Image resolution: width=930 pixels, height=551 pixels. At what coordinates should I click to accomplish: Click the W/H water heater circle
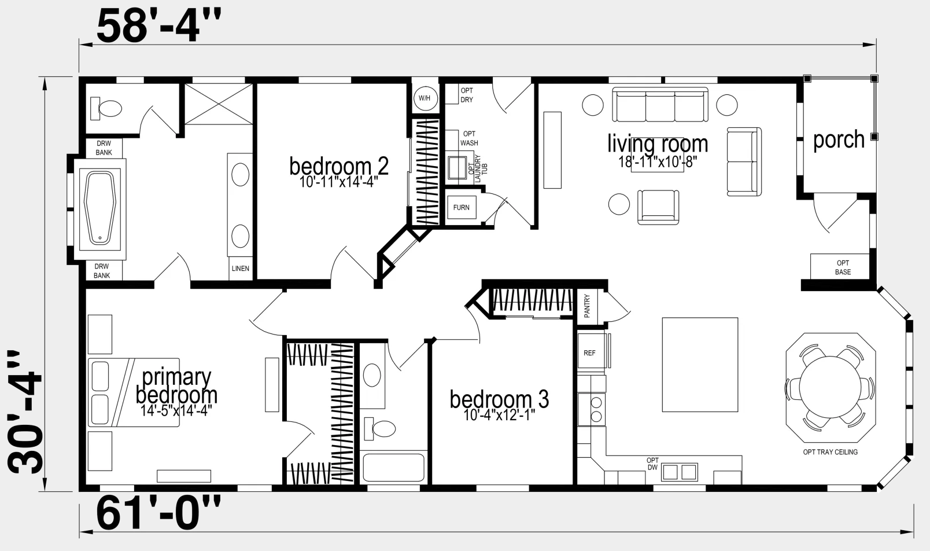click(425, 98)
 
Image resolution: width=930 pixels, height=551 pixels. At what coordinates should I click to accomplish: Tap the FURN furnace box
click(462, 207)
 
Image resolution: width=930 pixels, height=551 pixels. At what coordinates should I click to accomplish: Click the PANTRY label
click(587, 306)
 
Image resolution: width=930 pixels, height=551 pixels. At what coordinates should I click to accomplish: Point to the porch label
click(839, 140)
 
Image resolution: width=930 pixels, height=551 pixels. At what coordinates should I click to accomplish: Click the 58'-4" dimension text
click(159, 26)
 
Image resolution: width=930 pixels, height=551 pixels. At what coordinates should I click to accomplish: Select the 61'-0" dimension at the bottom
click(158, 513)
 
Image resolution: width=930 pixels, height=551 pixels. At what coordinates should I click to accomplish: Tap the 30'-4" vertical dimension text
click(25, 412)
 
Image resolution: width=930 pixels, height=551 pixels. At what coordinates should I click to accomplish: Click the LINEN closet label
click(241, 269)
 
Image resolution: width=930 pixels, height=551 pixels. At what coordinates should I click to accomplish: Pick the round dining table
click(830, 387)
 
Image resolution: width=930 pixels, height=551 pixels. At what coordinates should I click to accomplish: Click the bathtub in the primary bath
click(99, 208)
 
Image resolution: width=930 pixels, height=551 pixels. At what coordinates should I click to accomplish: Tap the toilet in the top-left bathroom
click(106, 108)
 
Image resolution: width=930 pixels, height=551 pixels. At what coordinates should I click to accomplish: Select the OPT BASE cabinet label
click(843, 267)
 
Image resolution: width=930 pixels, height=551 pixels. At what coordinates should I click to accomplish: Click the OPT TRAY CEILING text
click(830, 452)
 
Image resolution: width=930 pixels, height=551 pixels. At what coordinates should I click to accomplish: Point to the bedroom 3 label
click(499, 399)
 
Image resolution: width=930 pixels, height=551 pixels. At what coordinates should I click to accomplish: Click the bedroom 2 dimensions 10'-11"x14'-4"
click(338, 182)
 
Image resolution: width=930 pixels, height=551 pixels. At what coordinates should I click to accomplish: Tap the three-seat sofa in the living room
click(660, 105)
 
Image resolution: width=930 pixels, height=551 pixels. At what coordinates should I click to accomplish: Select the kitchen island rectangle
click(700, 365)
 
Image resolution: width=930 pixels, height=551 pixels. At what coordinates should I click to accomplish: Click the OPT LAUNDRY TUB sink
click(457, 167)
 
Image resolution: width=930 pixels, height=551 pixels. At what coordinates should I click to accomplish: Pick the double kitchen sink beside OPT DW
click(679, 472)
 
